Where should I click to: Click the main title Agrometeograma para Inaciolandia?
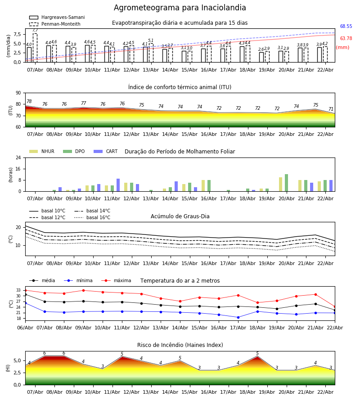[180, 8]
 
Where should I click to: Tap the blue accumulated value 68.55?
[346, 27]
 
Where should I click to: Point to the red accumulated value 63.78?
[346, 39]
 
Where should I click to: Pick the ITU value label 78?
[29, 102]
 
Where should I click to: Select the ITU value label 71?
[331, 109]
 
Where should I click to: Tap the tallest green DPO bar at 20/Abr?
[286, 183]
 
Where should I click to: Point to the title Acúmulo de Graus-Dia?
[180, 216]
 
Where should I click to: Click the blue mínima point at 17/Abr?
[238, 317]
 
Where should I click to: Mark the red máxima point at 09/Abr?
[83, 290]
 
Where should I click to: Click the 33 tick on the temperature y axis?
[18, 290]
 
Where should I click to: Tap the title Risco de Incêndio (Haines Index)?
[180, 345]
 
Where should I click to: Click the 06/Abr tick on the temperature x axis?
[25, 327]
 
